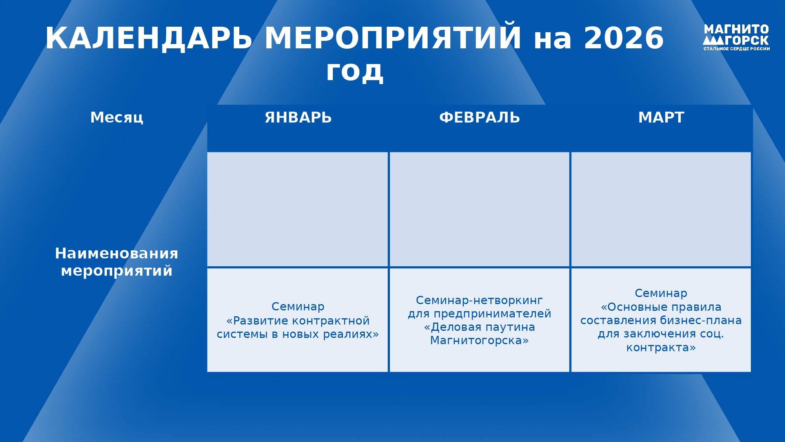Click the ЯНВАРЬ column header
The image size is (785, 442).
298,117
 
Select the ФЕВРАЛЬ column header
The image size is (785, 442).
479,117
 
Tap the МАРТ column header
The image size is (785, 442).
661,117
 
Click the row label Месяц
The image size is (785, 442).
117,117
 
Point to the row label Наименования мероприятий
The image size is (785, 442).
117,262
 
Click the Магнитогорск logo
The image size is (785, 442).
736,37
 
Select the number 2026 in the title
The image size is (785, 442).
624,38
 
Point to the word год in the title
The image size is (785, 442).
355,72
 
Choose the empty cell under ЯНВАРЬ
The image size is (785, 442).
297,209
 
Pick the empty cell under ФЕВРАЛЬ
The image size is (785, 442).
479,209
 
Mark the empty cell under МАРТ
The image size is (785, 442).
661,209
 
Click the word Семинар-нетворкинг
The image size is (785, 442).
479,301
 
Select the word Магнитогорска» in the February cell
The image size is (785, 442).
479,341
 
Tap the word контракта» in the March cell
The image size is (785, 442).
661,348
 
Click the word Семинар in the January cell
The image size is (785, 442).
298,307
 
